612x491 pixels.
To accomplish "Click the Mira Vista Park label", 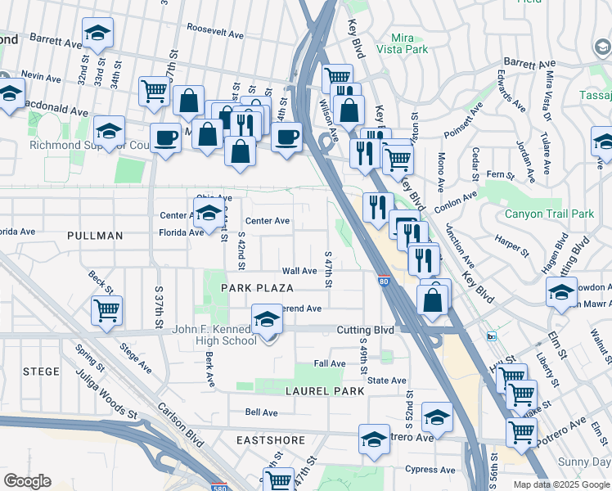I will pyautogui.click(x=402, y=43).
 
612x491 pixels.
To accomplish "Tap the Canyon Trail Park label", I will pyautogui.click(x=548, y=214).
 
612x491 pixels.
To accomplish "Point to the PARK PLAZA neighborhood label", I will pyautogui.click(x=257, y=288).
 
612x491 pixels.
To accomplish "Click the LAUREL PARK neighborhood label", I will pyautogui.click(x=324, y=391).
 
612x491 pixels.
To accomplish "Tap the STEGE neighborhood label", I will pyautogui.click(x=41, y=372).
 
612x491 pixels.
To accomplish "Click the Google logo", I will pyautogui.click(x=26, y=481).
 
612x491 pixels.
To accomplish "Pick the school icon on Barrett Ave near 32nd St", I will pyautogui.click(x=98, y=34).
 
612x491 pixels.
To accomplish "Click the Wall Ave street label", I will pyautogui.click(x=299, y=271).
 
